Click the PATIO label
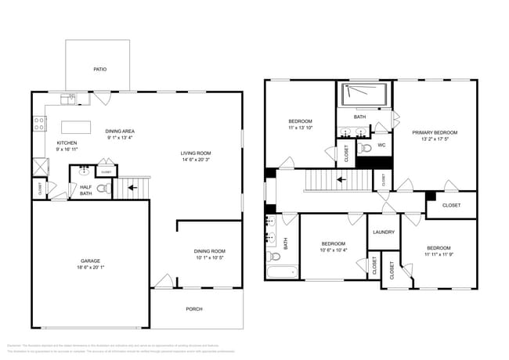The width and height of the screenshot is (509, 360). tap(99, 70)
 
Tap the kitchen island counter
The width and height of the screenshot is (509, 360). tap(78, 127)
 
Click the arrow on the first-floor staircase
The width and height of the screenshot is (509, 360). tap(132, 188)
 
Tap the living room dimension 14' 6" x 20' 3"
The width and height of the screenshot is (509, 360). tap(198, 160)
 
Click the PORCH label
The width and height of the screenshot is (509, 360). tap(193, 309)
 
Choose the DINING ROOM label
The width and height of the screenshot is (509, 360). tap(209, 251)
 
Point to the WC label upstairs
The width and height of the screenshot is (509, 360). tap(381, 145)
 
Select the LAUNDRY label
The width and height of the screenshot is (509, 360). tap(384, 232)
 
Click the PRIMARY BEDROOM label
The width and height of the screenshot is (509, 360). tap(435, 133)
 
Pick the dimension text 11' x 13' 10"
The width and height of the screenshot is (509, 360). tap(301, 128)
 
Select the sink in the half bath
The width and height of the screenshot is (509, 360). tap(83, 168)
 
